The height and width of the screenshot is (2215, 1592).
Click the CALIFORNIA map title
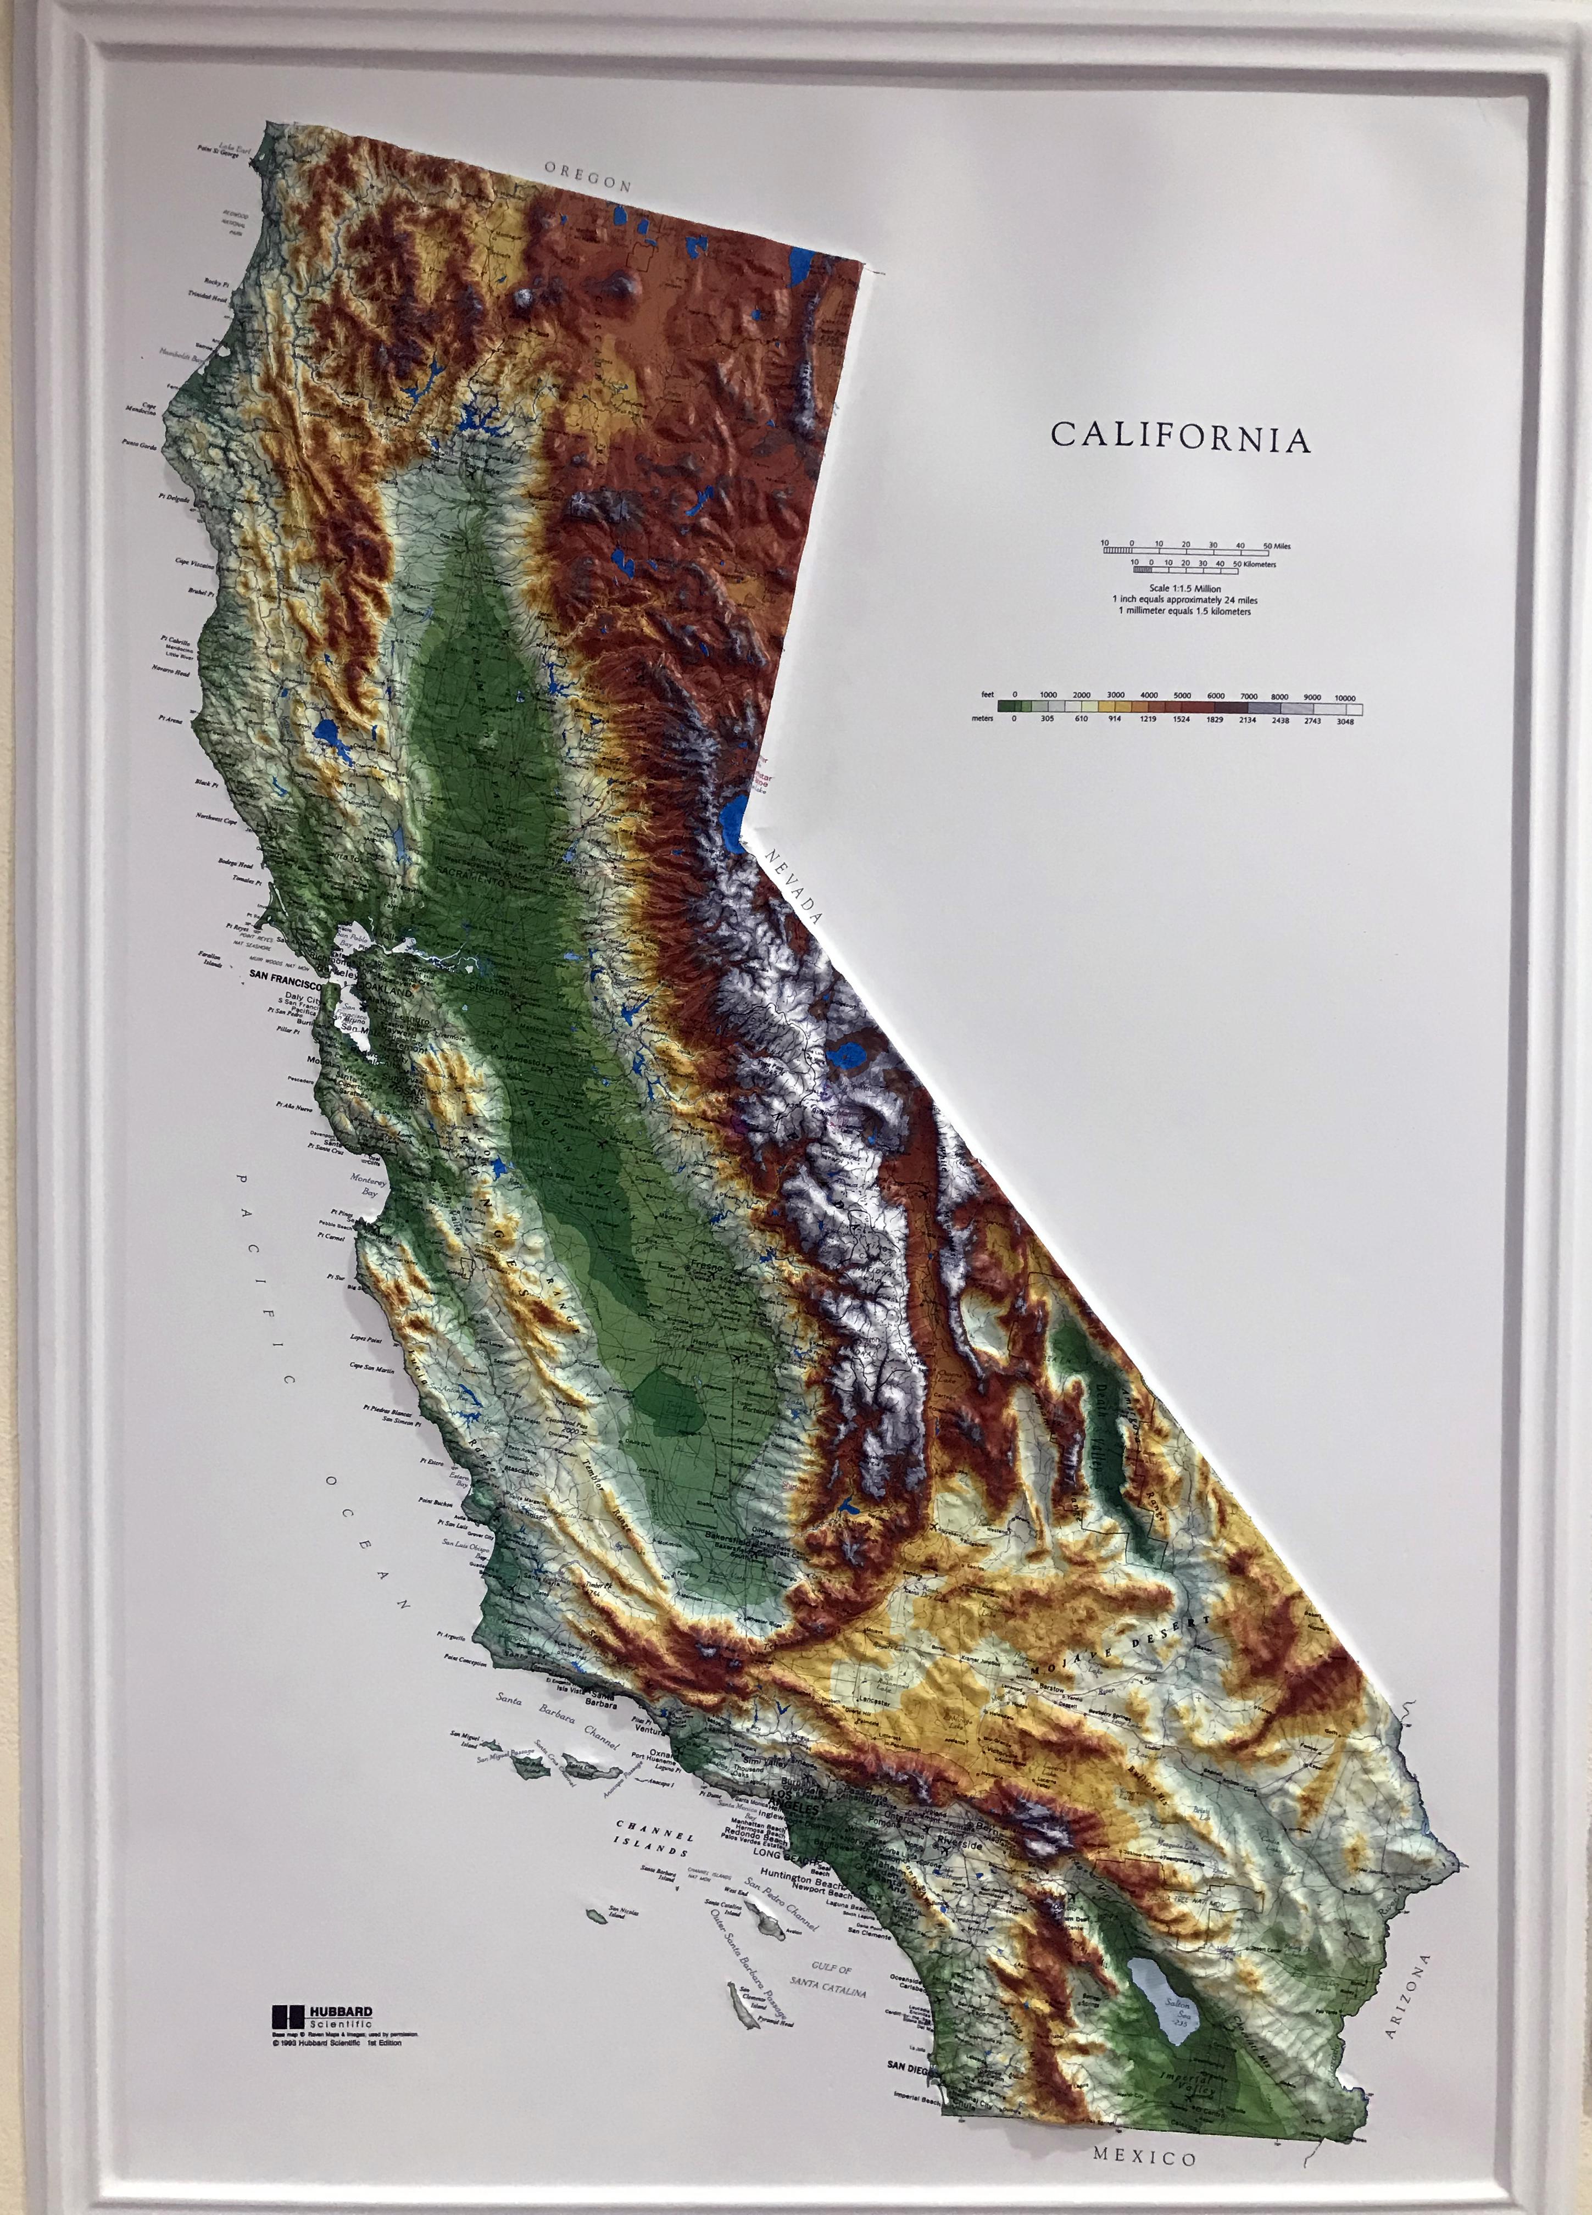tap(1180, 437)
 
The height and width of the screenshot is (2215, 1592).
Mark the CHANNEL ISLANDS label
tap(654, 1835)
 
